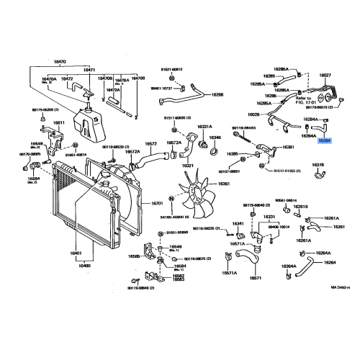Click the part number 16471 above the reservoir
tap(89, 70)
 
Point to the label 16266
tap(217, 95)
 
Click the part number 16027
tap(325, 75)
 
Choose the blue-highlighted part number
tap(325, 141)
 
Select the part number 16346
tap(215, 138)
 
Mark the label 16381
tap(288, 147)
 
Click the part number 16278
tap(318, 165)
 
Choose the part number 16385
tap(233, 154)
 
